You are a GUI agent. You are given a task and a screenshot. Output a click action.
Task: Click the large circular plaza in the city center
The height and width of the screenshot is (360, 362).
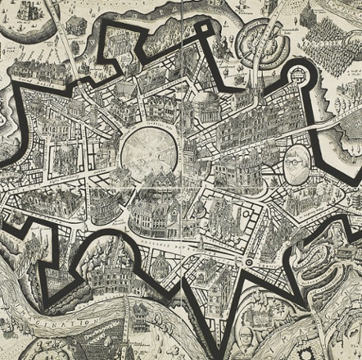pos(150,149)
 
